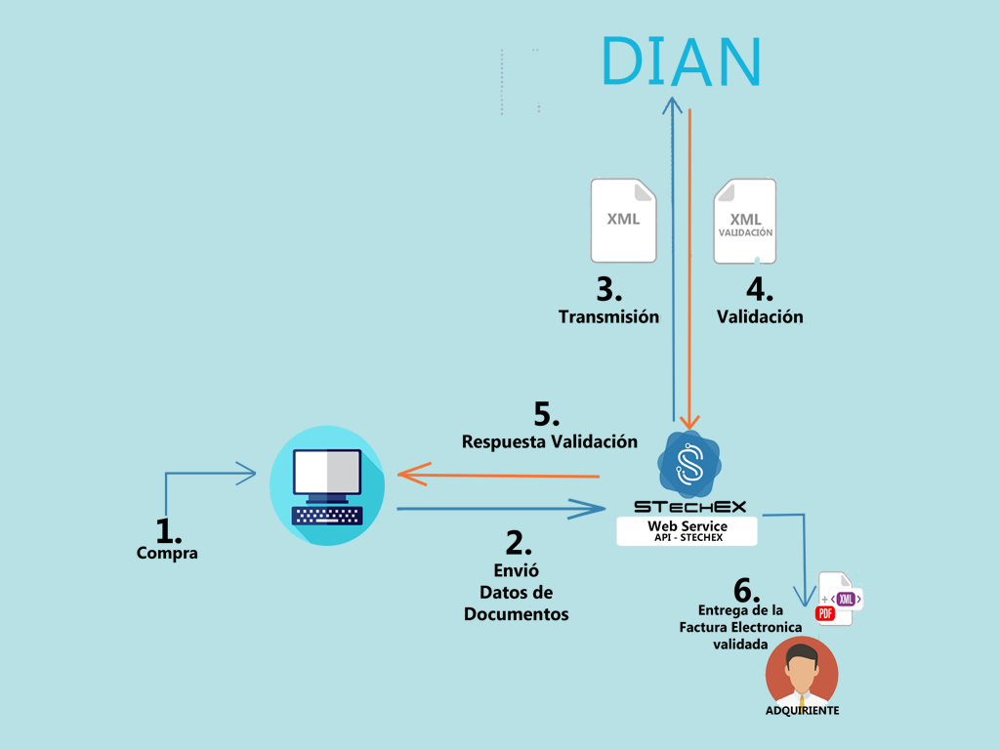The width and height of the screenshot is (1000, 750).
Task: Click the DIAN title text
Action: pyautogui.click(x=681, y=62)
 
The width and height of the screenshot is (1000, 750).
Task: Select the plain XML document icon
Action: pyautogui.click(x=623, y=221)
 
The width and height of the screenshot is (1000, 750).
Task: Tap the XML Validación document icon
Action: pyautogui.click(x=745, y=222)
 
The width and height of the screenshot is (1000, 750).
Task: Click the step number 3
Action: pyautogui.click(x=609, y=290)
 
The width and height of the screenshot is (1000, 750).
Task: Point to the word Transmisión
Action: pyautogui.click(x=608, y=317)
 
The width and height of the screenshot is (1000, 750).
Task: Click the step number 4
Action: pyautogui.click(x=760, y=290)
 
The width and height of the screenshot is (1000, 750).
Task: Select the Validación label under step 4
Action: pyautogui.click(x=760, y=316)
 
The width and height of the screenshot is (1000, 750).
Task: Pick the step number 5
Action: pyautogui.click(x=546, y=415)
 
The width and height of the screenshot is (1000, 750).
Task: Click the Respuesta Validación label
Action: pyautogui.click(x=550, y=442)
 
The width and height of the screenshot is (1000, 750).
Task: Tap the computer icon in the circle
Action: pyautogui.click(x=328, y=485)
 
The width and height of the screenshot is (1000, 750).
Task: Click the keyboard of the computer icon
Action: pyautogui.click(x=328, y=515)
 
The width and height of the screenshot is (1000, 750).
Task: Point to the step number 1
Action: pyautogui.click(x=169, y=530)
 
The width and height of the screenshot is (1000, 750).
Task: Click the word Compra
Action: pyautogui.click(x=167, y=554)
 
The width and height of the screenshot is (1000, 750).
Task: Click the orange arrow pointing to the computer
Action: pyautogui.click(x=498, y=476)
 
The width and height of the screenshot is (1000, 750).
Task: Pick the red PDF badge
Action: pyautogui.click(x=824, y=613)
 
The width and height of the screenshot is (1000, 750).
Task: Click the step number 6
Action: pyautogui.click(x=746, y=591)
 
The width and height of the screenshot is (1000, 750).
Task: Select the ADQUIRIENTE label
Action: pyautogui.click(x=803, y=711)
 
